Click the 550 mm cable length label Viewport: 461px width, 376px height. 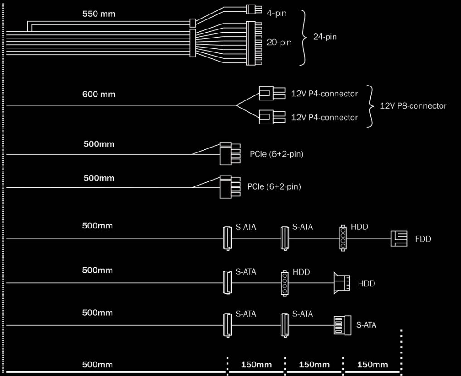coord(99,14)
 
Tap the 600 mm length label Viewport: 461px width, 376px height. coord(99,94)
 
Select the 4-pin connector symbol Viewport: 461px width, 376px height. coord(254,10)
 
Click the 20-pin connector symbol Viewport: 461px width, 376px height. coord(254,43)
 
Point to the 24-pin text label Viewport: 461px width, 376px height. coord(325,37)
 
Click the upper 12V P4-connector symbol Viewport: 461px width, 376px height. coord(272,93)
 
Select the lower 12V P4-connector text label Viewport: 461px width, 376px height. coord(324,117)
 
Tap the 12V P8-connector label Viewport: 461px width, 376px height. coord(413,106)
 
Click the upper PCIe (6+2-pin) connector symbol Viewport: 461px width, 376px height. coord(230,154)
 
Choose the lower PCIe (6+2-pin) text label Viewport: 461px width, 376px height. coord(274,187)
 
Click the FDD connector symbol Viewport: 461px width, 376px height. coord(398,238)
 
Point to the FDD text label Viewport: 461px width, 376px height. coord(423,239)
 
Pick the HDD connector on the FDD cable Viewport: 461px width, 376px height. coord(343,238)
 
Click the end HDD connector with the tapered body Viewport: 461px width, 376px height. coord(342,283)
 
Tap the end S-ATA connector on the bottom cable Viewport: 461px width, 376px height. coord(343,325)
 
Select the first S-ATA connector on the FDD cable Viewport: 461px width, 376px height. coord(227,238)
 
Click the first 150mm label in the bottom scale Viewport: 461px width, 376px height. coord(256,365)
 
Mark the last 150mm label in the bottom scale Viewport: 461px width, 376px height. coord(372,365)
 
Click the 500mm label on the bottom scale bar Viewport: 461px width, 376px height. coord(97,365)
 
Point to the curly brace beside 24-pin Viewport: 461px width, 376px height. coord(303,38)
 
